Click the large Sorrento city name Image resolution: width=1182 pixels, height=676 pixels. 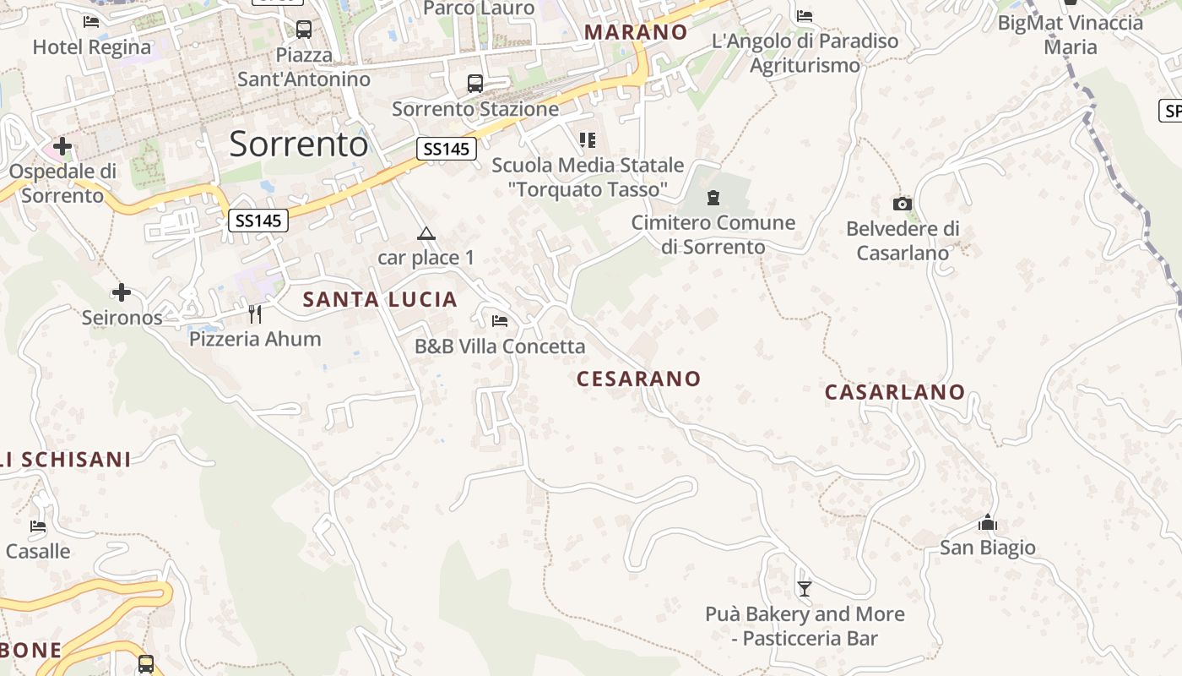[x=299, y=144]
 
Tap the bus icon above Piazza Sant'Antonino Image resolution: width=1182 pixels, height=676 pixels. [x=304, y=30]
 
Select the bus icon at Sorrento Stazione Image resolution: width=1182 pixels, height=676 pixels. [x=475, y=84]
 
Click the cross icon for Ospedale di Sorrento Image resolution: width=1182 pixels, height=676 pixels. [x=62, y=146]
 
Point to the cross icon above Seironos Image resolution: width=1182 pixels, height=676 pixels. [x=122, y=292]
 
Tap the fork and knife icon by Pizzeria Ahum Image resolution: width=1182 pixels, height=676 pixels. [x=255, y=314]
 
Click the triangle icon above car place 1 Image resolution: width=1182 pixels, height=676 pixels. [x=426, y=233]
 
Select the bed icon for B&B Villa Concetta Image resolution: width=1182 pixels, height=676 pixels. [x=500, y=321]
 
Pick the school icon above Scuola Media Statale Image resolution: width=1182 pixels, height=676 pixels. [x=588, y=140]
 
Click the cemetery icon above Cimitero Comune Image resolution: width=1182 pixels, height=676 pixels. [x=713, y=199]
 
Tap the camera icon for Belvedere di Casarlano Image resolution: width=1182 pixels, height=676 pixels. [x=903, y=204]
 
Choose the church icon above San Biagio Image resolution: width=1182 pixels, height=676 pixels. [x=987, y=523]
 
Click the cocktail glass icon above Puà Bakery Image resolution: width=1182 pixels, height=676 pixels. [x=805, y=589]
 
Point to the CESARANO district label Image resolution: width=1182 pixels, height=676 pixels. [x=638, y=379]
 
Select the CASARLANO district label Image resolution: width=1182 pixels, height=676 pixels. [x=895, y=392]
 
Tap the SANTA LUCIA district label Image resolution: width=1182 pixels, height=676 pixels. [x=380, y=299]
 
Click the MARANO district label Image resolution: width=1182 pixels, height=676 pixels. [x=636, y=32]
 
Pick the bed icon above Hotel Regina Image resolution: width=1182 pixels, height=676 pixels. [x=91, y=22]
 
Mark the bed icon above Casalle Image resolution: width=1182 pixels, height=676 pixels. [x=38, y=526]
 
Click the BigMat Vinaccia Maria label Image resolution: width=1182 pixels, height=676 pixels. [x=1071, y=34]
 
